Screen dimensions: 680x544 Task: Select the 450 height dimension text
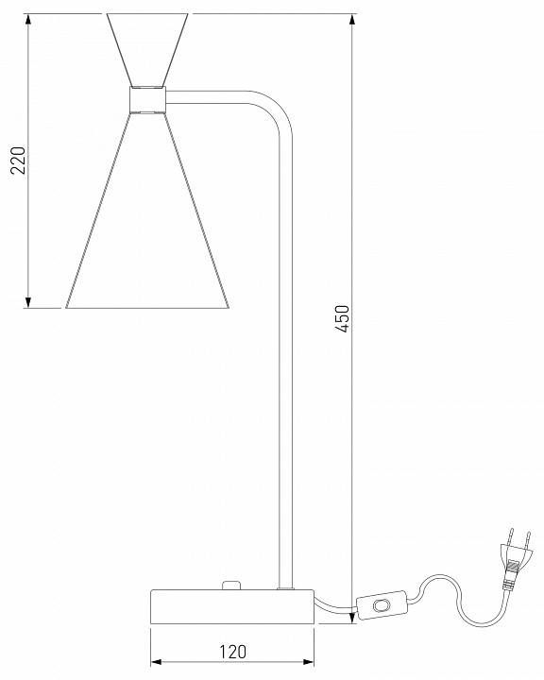point(343,319)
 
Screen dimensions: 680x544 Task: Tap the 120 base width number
point(232,651)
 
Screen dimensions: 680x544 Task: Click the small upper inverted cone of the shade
point(147,47)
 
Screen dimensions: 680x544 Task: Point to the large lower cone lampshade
point(147,236)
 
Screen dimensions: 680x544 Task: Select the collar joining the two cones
point(147,99)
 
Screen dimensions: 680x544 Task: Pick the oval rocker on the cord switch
point(382,604)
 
